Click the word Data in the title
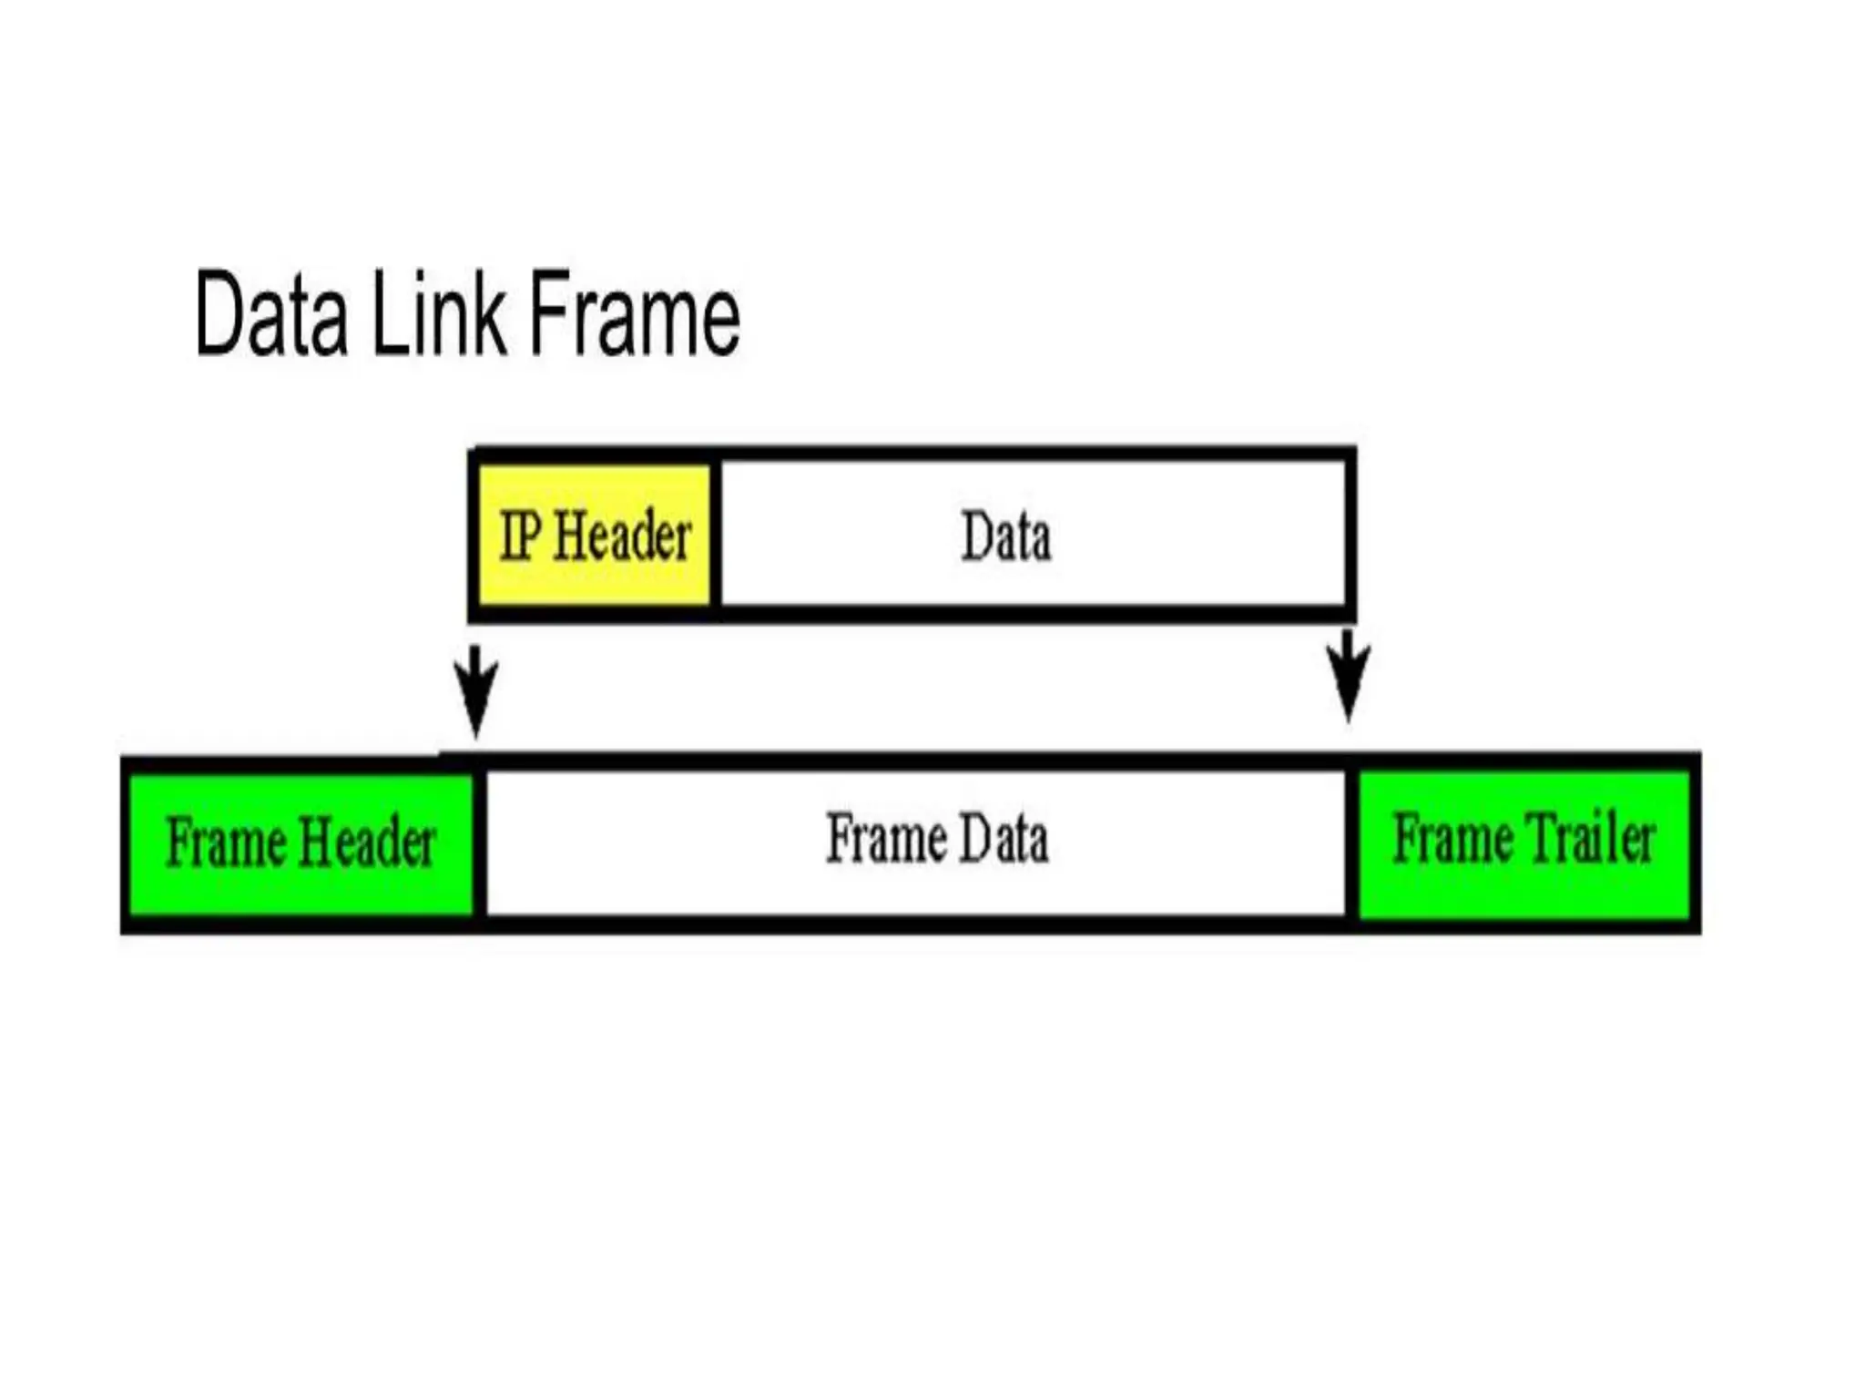point(271,314)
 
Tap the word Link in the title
point(439,314)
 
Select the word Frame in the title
point(635,314)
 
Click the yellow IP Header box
point(595,535)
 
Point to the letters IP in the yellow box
point(521,535)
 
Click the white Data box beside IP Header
point(1033,535)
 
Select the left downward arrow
point(475,689)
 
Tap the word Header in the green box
point(368,842)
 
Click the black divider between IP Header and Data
point(716,535)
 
